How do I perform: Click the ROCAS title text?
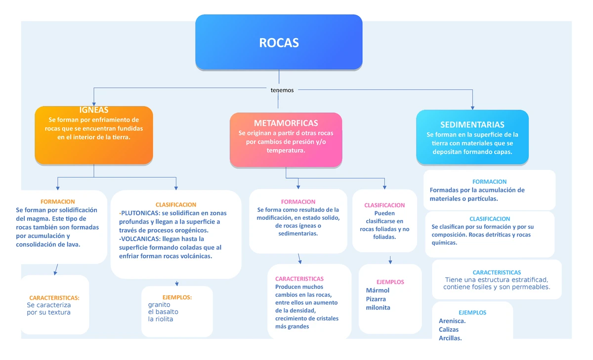(279, 43)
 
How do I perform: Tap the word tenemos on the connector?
(282, 90)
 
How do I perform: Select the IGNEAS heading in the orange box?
(94, 110)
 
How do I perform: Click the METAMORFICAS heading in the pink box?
(286, 123)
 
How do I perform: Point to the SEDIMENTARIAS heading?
(472, 124)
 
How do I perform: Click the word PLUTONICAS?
(139, 213)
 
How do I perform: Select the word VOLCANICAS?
(139, 239)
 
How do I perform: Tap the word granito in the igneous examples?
(159, 305)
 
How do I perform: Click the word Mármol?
(378, 290)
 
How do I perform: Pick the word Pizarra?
(376, 299)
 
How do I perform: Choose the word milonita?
(378, 307)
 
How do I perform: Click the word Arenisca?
(452, 321)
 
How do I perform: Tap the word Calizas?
(449, 329)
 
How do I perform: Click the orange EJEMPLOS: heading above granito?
(177, 297)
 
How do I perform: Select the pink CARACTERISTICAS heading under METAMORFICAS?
(299, 279)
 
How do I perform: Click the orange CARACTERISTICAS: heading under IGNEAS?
(54, 298)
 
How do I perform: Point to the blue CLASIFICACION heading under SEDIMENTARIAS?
(490, 219)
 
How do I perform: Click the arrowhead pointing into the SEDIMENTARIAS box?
(473, 107)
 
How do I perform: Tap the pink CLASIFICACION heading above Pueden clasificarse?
(384, 205)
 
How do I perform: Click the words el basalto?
(163, 312)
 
